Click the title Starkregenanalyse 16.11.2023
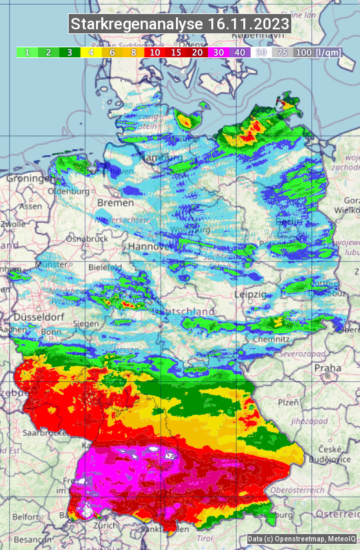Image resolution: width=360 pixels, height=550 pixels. point(180,25)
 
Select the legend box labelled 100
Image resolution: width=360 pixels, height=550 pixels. point(303,52)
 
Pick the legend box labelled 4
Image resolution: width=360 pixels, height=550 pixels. point(90,52)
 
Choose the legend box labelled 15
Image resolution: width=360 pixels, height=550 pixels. point(176,52)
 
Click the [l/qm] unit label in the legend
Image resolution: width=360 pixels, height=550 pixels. point(328,52)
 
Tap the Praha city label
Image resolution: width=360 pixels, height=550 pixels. point(327,367)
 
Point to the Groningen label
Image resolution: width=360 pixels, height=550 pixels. point(29,179)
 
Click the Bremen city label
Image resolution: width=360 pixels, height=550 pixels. point(111,202)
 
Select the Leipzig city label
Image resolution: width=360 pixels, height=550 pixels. point(251,294)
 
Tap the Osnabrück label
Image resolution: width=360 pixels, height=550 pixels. point(87,238)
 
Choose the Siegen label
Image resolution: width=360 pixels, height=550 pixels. point(86,323)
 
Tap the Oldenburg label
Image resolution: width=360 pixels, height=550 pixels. point(68,191)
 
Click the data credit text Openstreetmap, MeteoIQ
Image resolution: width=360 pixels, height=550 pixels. point(301,539)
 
